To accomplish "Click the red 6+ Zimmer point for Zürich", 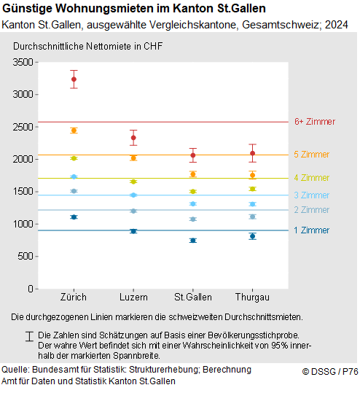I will [x=74, y=79].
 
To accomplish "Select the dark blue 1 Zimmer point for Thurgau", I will [x=252, y=236].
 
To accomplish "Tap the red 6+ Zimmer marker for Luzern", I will [x=133, y=138].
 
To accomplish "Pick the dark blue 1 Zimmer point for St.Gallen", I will [x=193, y=240].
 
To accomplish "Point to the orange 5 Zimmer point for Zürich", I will [x=74, y=131].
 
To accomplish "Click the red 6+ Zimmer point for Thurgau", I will [x=252, y=153].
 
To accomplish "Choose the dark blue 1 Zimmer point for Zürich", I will [x=74, y=217].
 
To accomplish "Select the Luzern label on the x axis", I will [x=133, y=297].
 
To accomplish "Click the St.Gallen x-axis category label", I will [x=193, y=297].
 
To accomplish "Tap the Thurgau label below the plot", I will [x=252, y=297].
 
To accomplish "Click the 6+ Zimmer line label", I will [x=314, y=122].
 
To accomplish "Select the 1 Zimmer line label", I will [x=311, y=230].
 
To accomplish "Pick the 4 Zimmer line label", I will [x=311, y=178].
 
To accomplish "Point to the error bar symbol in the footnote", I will [x=28, y=335].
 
